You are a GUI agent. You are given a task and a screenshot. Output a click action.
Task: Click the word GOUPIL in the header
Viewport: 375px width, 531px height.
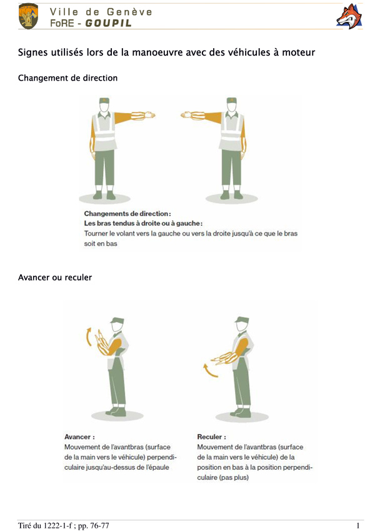coord(108,23)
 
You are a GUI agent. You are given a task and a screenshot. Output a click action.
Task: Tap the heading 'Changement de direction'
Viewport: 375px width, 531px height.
coord(67,78)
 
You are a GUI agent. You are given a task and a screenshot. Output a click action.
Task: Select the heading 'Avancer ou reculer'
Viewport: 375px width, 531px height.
coord(55,277)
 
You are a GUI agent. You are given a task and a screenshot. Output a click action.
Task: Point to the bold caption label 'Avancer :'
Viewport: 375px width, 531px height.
coord(80,437)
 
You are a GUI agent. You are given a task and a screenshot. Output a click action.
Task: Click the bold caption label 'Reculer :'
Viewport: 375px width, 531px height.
coord(211,437)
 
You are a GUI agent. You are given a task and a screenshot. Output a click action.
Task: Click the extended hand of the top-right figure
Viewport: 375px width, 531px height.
coord(187,115)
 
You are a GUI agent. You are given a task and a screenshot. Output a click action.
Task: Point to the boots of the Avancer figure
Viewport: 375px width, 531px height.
coord(117,412)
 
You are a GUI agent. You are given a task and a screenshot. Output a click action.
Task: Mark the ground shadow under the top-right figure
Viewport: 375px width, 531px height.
coord(232,198)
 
